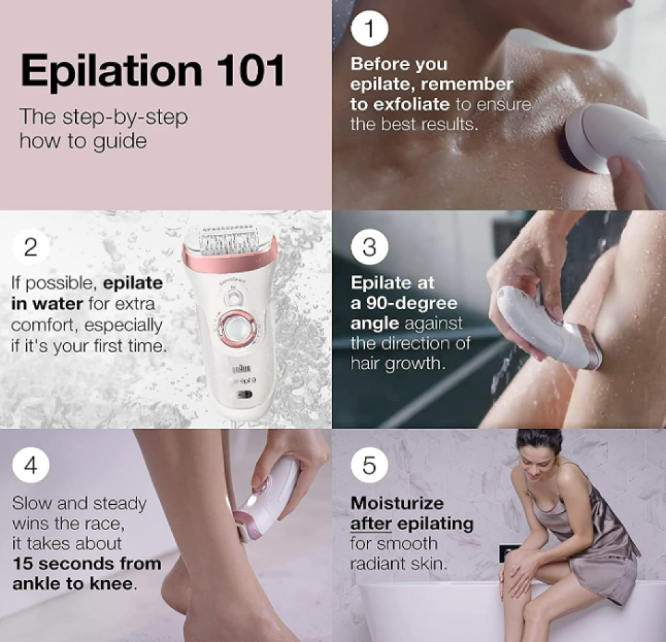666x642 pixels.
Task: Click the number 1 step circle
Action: coord(369,29)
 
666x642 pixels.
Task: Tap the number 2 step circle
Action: coord(31,246)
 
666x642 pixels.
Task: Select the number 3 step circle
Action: coord(369,246)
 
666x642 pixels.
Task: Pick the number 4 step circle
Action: coord(31,465)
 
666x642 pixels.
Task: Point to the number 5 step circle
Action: coord(369,465)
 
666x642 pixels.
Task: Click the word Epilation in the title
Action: coord(111,71)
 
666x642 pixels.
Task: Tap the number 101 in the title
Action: coord(250,70)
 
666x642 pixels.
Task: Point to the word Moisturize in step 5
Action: coord(397,503)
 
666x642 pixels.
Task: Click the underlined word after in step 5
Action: coord(371,524)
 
